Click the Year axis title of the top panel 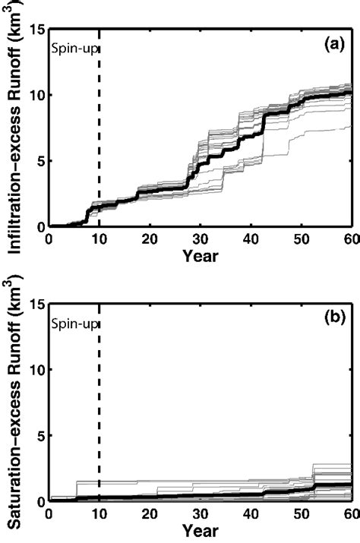pyautogui.click(x=200, y=256)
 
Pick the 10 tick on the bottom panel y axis pyautogui.click(x=36, y=370)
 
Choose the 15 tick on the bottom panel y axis pyautogui.click(x=36, y=304)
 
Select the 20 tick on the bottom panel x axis pyautogui.click(x=150, y=514)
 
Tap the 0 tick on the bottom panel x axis pyautogui.click(x=49, y=514)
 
